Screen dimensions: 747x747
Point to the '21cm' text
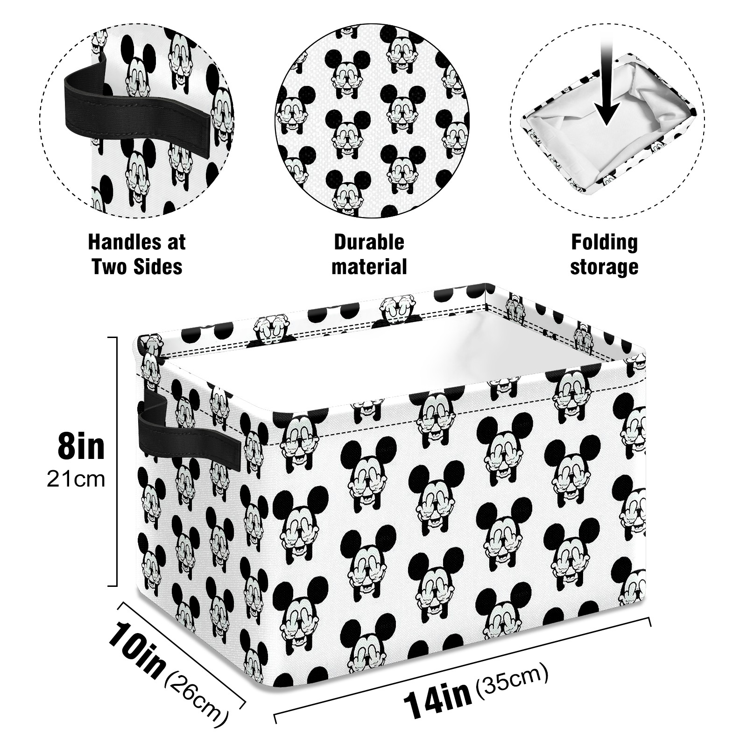coord(76,479)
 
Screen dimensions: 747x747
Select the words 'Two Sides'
coord(137,267)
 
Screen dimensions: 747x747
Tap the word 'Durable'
coord(369,242)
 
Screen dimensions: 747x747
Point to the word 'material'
coord(369,267)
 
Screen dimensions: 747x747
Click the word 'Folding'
coord(605,243)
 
